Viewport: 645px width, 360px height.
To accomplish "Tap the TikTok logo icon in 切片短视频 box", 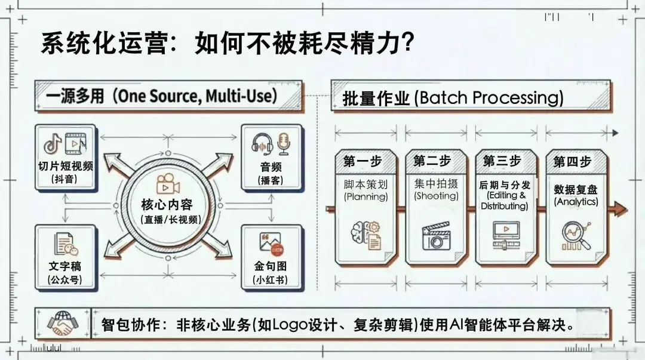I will tap(53, 143).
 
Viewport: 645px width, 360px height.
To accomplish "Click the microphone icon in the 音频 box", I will tap(282, 143).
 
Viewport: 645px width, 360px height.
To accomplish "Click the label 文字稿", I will tap(64, 266).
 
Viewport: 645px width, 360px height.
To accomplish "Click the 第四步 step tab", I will tap(572, 161).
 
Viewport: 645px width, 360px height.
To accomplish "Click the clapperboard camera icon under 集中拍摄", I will tap(436, 236).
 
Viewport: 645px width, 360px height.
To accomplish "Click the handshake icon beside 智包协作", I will tap(63, 324).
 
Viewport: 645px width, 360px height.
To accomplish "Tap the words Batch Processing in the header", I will tap(492, 98).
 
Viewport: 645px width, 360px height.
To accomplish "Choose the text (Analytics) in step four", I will tap(576, 202).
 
